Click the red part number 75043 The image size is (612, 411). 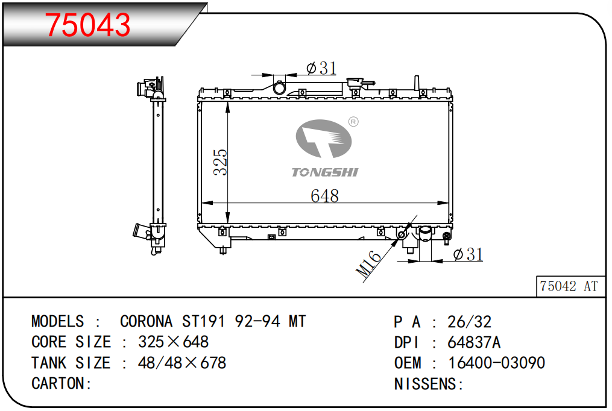[88, 25]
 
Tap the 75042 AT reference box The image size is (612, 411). [570, 286]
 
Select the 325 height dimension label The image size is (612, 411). [221, 162]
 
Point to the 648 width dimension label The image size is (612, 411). [325, 196]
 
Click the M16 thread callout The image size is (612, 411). [368, 264]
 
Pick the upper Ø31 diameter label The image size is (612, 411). [321, 68]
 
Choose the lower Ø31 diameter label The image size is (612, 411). [468, 255]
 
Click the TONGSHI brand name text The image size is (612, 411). [325, 172]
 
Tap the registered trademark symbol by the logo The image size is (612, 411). [353, 122]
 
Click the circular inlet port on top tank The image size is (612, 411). [279, 88]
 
